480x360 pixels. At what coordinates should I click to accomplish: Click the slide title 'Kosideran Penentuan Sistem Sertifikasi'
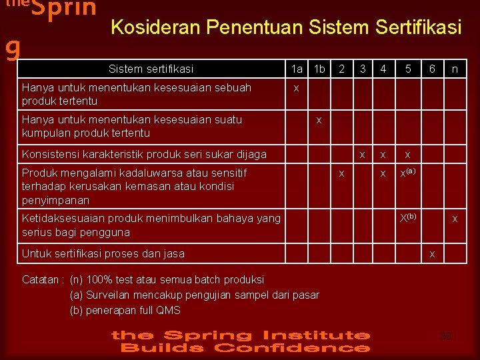click(285, 27)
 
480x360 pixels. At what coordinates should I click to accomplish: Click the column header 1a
click(297, 69)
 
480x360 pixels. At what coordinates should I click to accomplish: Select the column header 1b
click(319, 69)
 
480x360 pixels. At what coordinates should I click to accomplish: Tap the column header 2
click(341, 68)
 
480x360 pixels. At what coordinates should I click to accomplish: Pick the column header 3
click(362, 68)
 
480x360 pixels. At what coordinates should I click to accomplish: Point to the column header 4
click(383, 68)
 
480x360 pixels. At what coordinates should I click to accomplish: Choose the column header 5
click(407, 68)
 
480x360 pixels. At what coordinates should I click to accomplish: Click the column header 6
click(433, 68)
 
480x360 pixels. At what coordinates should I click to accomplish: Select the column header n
click(455, 68)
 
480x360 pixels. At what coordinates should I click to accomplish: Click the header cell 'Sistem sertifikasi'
click(151, 69)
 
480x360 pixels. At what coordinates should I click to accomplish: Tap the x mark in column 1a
click(297, 87)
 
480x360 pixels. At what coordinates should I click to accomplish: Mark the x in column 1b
click(319, 120)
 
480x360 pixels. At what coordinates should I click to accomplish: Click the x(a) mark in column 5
click(407, 173)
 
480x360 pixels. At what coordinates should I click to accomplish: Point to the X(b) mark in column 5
click(407, 217)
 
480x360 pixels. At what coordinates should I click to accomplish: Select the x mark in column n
click(455, 218)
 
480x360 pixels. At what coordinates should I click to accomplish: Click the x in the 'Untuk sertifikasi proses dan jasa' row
click(432, 253)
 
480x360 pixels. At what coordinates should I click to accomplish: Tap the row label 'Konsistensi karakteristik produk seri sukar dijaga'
click(144, 155)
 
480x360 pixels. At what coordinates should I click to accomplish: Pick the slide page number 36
click(446, 336)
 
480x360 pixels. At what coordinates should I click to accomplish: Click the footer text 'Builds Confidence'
click(243, 347)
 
